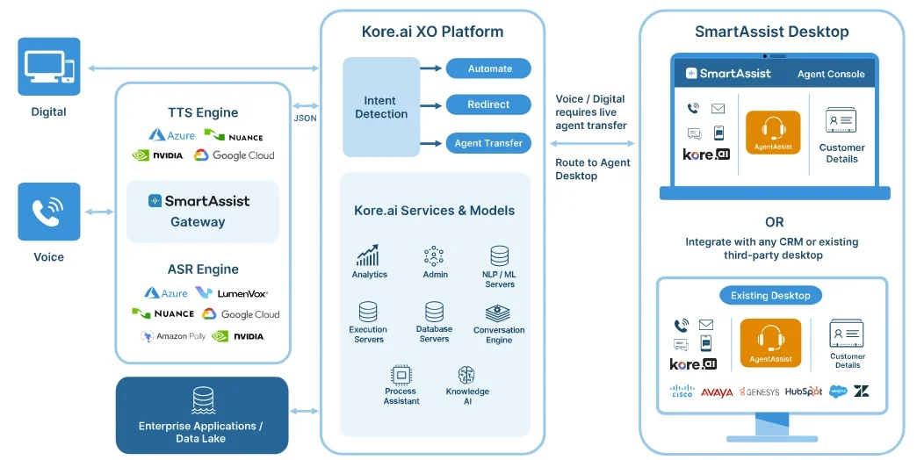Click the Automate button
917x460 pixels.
(x=488, y=68)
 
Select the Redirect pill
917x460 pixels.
(x=488, y=104)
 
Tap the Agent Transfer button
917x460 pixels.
(x=488, y=143)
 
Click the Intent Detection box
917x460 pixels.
(x=380, y=107)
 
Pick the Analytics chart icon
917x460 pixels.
(x=368, y=255)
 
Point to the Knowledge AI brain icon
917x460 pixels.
(x=466, y=375)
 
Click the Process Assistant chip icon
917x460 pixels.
(x=401, y=375)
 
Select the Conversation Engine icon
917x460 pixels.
(x=498, y=313)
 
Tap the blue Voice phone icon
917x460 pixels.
(x=49, y=212)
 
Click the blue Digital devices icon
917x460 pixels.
(x=49, y=67)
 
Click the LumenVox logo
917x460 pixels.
(x=232, y=293)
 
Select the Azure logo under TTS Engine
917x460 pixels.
(x=171, y=135)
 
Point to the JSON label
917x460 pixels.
(x=305, y=118)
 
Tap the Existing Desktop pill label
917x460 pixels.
(x=770, y=296)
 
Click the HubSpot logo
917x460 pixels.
(x=803, y=392)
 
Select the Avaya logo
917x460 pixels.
(x=717, y=392)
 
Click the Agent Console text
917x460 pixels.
(x=831, y=75)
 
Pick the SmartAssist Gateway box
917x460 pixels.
(x=203, y=212)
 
